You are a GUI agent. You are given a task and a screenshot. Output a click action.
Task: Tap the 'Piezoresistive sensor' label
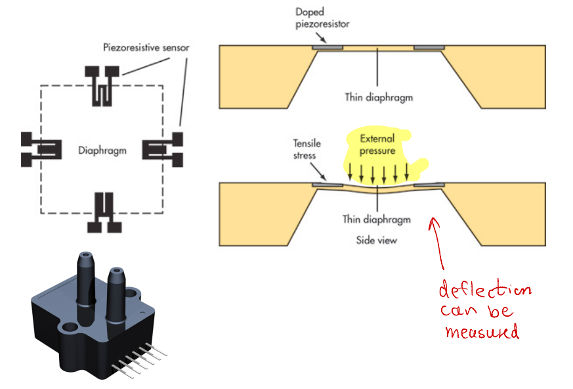146,47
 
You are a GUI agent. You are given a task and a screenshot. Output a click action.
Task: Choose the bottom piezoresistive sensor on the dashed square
105,212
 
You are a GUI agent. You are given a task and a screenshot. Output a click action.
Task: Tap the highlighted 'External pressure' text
377,145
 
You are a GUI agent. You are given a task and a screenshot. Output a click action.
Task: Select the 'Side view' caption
377,240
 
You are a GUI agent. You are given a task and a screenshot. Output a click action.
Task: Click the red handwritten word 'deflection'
484,290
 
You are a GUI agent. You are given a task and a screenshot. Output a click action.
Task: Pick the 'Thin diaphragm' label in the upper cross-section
379,97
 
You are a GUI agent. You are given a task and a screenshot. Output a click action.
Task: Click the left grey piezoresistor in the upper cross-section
327,48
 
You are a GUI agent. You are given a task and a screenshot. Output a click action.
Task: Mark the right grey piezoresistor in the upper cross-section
429,48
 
